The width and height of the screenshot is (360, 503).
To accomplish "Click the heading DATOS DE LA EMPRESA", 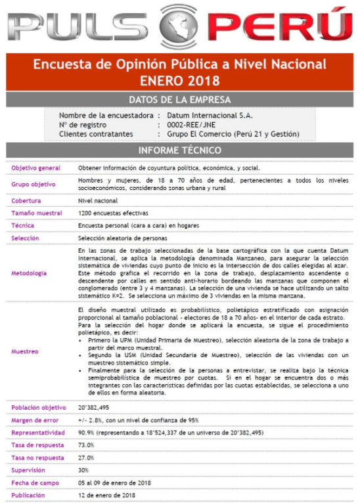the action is pyautogui.click(x=179, y=100).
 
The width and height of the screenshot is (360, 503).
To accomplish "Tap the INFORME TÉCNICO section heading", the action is pyautogui.click(x=179, y=150).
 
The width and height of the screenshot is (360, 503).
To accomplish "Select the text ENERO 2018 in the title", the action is pyautogui.click(x=179, y=81).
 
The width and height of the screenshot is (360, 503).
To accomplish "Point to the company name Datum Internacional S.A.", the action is pyautogui.click(x=210, y=115).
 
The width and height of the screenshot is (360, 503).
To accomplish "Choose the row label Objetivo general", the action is pyautogui.click(x=35, y=168).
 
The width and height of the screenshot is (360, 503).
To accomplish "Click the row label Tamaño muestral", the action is pyautogui.click(x=37, y=213).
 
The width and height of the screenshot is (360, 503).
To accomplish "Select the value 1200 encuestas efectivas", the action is pyautogui.click(x=113, y=213).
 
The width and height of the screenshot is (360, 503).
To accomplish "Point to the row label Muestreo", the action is pyautogui.click(x=25, y=351).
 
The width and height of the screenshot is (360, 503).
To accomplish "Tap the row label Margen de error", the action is pyautogui.click(x=35, y=420).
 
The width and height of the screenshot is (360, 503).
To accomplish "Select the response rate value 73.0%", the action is pyautogui.click(x=87, y=445).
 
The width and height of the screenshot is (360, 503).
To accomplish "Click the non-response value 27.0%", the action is pyautogui.click(x=87, y=458).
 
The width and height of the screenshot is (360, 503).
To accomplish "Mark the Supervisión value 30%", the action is pyautogui.click(x=83, y=470).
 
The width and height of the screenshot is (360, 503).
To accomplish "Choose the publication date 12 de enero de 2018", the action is pyautogui.click(x=106, y=495).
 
